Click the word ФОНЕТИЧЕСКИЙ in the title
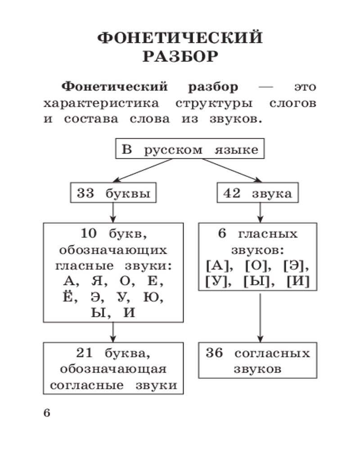coord(180,38)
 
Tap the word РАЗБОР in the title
coord(180,57)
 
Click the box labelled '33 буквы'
coord(113,193)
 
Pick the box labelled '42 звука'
coord(257,193)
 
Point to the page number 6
coord(47,413)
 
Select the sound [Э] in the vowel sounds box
coord(297,266)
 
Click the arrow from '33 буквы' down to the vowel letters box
coord(113,212)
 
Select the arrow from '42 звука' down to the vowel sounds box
coord(260,212)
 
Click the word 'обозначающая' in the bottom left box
coord(113,369)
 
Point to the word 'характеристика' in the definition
coord(101,103)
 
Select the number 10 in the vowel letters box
coord(89,234)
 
